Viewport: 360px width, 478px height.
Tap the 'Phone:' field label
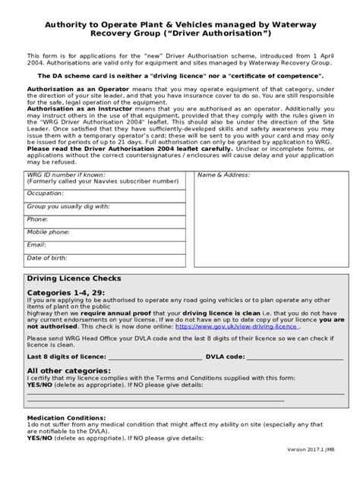tap(36, 219)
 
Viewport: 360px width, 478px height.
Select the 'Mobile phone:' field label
tap(47, 232)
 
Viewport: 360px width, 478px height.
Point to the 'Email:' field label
tap(36, 244)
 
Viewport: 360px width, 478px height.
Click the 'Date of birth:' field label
tap(47, 257)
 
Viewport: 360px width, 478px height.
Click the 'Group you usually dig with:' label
tap(68, 206)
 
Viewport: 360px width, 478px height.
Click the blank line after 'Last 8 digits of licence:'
tap(155, 356)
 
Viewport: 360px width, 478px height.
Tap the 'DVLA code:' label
tap(226, 356)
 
